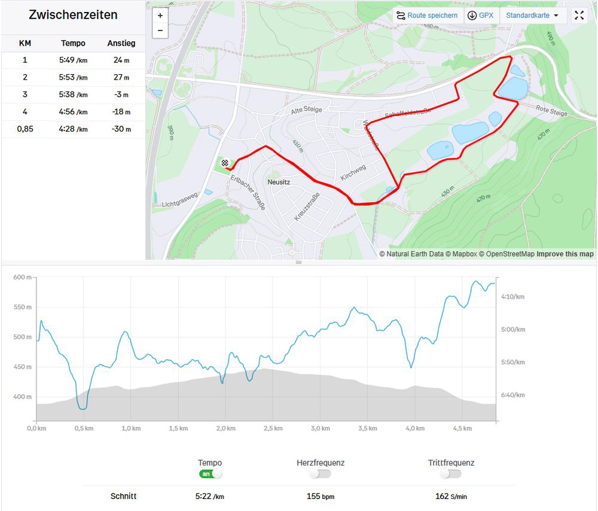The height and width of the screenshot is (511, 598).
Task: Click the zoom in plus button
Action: point(160,16)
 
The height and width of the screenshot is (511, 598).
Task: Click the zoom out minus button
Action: point(160,30)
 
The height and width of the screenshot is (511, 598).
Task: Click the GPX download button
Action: point(481,16)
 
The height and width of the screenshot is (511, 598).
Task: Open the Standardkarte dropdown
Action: point(533,16)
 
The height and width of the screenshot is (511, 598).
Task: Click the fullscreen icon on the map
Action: point(579,16)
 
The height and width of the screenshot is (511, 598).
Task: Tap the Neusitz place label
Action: point(279,181)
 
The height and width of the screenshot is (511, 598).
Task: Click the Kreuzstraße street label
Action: point(307,206)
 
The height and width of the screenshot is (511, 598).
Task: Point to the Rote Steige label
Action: point(551,111)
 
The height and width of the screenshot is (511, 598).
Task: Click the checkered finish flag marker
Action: point(225,163)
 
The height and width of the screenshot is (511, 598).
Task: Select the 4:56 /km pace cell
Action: point(73,112)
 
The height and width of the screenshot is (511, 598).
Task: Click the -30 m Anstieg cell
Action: point(121,129)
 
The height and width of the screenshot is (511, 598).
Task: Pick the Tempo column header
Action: point(73,43)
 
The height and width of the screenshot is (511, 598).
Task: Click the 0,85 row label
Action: point(25,129)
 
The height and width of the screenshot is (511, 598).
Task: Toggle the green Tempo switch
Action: point(210,474)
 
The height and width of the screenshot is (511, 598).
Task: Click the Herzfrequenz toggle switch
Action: point(320,474)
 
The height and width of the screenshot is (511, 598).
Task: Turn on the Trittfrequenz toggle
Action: point(450,474)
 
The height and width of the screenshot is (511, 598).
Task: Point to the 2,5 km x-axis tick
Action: point(273,428)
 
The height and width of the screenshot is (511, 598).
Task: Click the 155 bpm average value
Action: point(320,496)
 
